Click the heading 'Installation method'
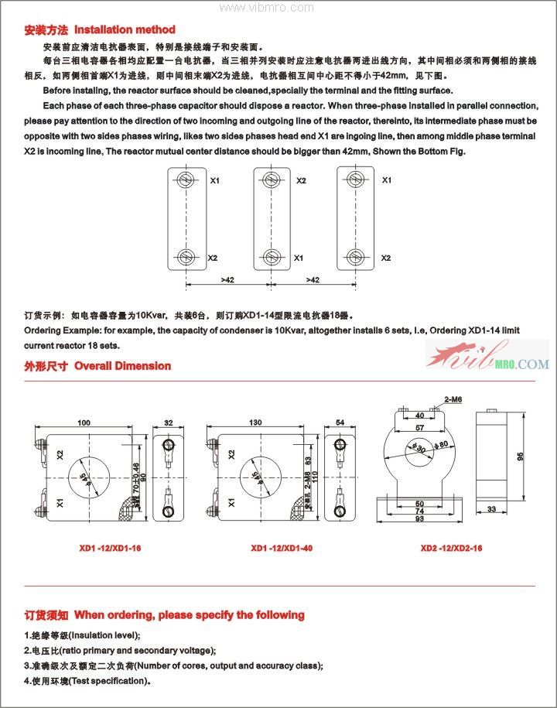click(x=124, y=30)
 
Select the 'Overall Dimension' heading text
click(x=122, y=366)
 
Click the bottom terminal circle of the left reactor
click(x=185, y=257)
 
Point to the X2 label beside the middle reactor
click(x=301, y=180)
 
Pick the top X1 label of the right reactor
click(x=386, y=180)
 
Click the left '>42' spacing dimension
click(x=227, y=279)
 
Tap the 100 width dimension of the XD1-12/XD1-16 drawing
click(x=84, y=422)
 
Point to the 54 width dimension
click(x=340, y=422)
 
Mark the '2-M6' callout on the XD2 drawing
click(x=453, y=399)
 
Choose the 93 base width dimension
click(x=420, y=520)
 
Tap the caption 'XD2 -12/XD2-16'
click(x=451, y=548)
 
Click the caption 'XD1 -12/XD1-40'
click(x=282, y=548)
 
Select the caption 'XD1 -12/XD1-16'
click(x=108, y=548)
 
